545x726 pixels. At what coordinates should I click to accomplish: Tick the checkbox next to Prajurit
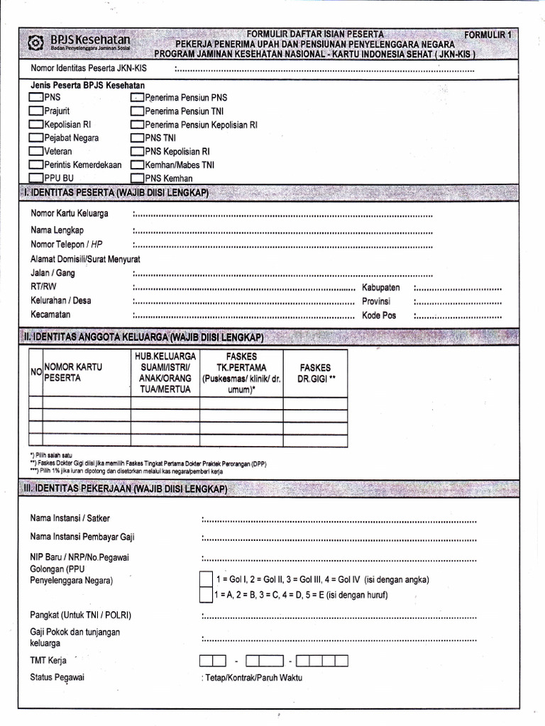(36, 111)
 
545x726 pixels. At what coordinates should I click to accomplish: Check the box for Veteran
(36, 152)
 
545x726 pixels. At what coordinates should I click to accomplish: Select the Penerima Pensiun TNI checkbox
(137, 111)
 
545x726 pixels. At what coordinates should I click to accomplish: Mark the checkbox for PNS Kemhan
(137, 179)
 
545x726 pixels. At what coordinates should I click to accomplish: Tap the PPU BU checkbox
(36, 179)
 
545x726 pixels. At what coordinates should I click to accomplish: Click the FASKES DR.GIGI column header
(316, 374)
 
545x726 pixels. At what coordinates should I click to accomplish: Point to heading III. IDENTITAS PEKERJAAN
(125, 490)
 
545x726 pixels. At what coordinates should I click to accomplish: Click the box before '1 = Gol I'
(205, 579)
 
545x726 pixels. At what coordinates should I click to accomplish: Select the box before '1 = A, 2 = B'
(205, 595)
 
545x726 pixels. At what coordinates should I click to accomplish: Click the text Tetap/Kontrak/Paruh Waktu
(252, 678)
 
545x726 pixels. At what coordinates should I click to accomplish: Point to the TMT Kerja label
(48, 660)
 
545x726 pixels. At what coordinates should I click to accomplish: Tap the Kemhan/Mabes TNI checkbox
(137, 165)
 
